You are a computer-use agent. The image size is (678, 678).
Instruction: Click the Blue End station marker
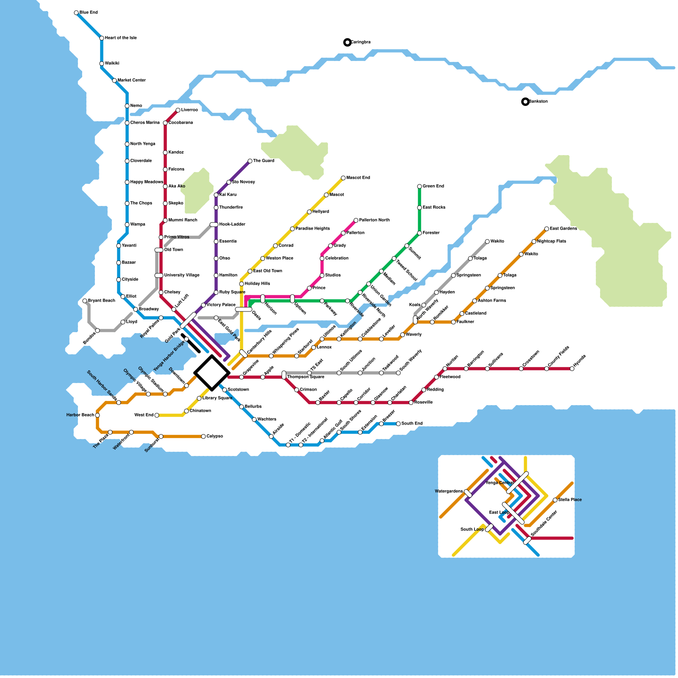click(76, 13)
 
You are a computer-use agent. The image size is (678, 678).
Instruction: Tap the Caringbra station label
click(361, 42)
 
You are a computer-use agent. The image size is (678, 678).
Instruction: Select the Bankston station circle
click(525, 102)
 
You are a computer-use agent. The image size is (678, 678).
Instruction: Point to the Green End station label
click(433, 186)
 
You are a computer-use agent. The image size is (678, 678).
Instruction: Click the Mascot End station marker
click(343, 178)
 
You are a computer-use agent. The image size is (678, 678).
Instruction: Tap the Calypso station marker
click(203, 436)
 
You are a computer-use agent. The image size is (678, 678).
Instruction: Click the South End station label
click(412, 424)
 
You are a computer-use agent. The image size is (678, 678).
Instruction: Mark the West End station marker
click(157, 415)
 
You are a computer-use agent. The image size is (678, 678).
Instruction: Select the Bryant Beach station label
click(101, 301)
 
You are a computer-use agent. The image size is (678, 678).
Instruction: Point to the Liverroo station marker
click(178, 110)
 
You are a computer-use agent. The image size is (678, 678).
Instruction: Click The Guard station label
click(264, 161)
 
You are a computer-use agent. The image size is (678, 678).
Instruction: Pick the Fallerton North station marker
click(356, 220)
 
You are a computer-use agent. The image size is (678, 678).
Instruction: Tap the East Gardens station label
click(563, 229)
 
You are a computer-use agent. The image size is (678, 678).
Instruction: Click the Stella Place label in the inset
click(570, 500)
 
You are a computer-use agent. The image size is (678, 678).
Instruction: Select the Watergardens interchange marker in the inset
click(468, 493)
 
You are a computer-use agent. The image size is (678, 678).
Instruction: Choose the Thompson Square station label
click(306, 377)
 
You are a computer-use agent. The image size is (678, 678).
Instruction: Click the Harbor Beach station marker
click(97, 415)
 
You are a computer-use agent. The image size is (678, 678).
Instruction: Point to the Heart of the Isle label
click(121, 38)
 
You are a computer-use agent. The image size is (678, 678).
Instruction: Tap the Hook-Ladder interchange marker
click(214, 225)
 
